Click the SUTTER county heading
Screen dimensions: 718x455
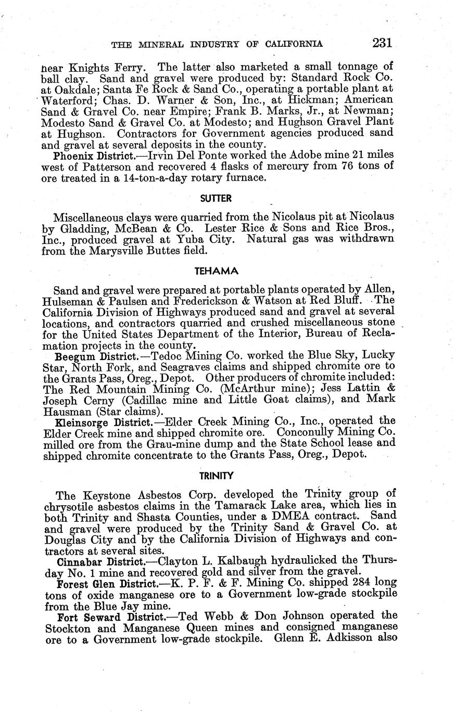(x=216, y=198)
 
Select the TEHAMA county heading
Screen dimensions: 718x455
(x=216, y=271)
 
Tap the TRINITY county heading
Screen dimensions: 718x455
(x=216, y=475)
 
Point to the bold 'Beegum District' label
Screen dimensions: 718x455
(x=91, y=356)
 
